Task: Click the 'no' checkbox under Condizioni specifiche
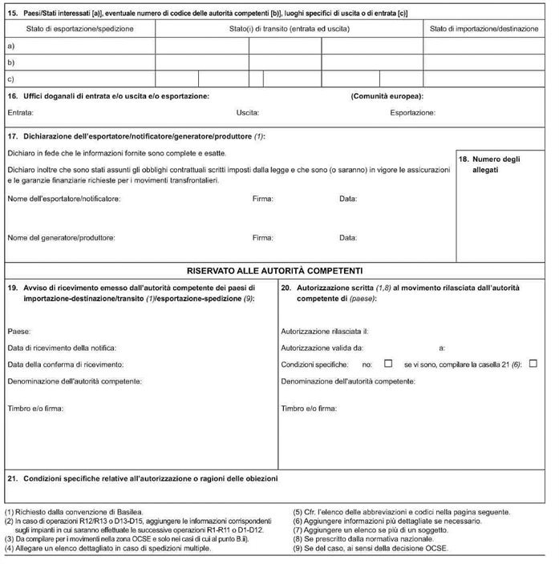coord(388,364)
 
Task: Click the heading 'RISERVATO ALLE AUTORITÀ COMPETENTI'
coord(276,270)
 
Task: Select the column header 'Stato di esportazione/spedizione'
coord(79,29)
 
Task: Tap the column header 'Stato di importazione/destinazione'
coord(484,29)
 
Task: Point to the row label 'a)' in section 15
coord(10,46)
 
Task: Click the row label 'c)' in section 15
coord(10,79)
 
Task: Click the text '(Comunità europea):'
coord(387,96)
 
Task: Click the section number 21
coord(12,479)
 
